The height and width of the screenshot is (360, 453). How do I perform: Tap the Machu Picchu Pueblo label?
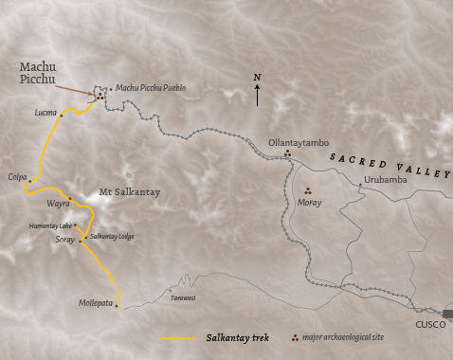pyautogui.click(x=151, y=88)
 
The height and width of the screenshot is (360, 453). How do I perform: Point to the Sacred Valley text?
pyautogui.click(x=390, y=164)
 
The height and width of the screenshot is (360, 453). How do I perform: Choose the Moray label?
pyautogui.click(x=308, y=202)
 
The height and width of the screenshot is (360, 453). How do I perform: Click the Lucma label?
pyautogui.click(x=45, y=113)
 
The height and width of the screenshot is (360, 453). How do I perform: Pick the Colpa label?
pyautogui.click(x=16, y=175)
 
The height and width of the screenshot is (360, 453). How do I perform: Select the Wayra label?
pyautogui.click(x=58, y=202)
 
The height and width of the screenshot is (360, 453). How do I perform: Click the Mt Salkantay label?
pyautogui.click(x=130, y=192)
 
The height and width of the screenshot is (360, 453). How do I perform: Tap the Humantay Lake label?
pyautogui.click(x=50, y=226)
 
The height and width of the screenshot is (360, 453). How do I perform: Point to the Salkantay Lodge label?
pyautogui.click(x=112, y=234)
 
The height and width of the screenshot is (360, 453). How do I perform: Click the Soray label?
pyautogui.click(x=64, y=240)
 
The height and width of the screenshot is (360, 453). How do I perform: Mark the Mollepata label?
pyautogui.click(x=97, y=303)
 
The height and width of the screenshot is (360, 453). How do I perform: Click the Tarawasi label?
pyautogui.click(x=183, y=296)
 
